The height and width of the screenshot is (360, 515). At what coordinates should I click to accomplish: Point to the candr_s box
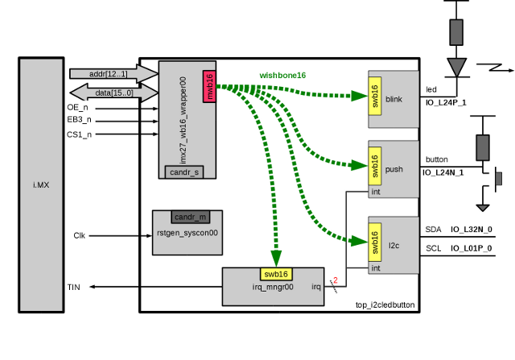point(186,171)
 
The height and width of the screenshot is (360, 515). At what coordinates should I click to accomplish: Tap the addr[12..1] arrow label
point(108,74)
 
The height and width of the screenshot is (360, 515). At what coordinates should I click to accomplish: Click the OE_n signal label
point(78,108)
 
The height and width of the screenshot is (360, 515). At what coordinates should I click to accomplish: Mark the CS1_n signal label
point(79,134)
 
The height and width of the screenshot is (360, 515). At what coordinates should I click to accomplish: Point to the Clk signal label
point(79,235)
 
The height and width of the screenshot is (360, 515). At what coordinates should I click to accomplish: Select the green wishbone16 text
point(282,76)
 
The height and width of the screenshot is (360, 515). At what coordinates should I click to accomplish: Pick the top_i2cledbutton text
point(385,304)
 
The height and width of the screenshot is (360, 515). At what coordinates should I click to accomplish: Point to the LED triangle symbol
point(456,66)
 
